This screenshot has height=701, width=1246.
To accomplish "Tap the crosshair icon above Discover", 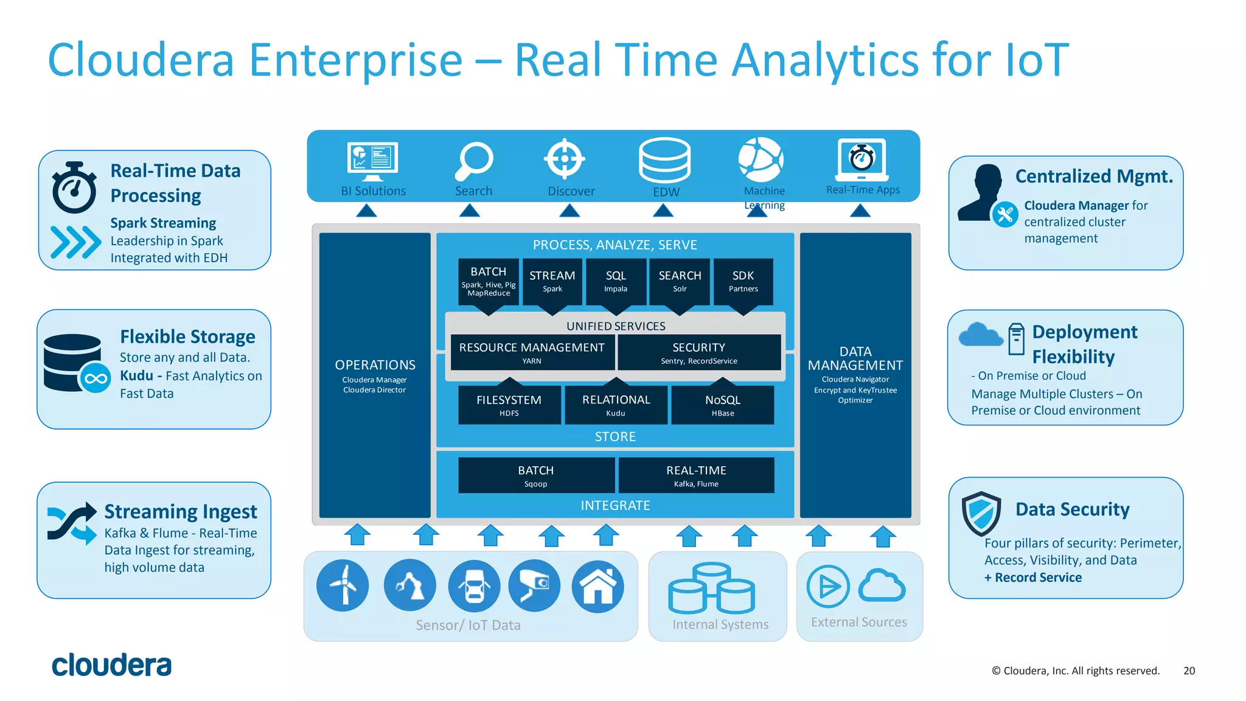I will coord(565,159).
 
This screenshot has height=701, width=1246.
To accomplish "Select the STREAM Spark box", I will coord(552,281).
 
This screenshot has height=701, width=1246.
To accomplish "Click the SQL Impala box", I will coord(616,281).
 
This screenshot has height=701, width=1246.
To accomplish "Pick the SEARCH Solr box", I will coord(680,281).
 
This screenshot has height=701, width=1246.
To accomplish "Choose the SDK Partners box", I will coord(743,281).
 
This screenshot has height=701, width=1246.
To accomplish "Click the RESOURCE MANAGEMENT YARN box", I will coord(532,352).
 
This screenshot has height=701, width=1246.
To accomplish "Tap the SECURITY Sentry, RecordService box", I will coord(699,352).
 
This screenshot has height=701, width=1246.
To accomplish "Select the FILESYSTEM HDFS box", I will coord(509,405).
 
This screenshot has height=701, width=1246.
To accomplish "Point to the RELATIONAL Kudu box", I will coord(616,405).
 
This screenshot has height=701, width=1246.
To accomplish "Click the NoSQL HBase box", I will coord(723,405).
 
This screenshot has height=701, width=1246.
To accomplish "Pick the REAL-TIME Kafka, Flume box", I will coord(696,475).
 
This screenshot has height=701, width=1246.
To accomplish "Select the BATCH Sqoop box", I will coord(536,475).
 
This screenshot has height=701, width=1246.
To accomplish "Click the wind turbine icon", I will coord(343,585).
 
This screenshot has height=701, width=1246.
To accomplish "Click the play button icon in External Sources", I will coord(828,587).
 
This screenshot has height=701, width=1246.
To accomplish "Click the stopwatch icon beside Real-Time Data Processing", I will coord(74,188).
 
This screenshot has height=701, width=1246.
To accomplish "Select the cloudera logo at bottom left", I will coord(112,665).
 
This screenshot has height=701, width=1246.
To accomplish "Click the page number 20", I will coord(1189,671).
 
